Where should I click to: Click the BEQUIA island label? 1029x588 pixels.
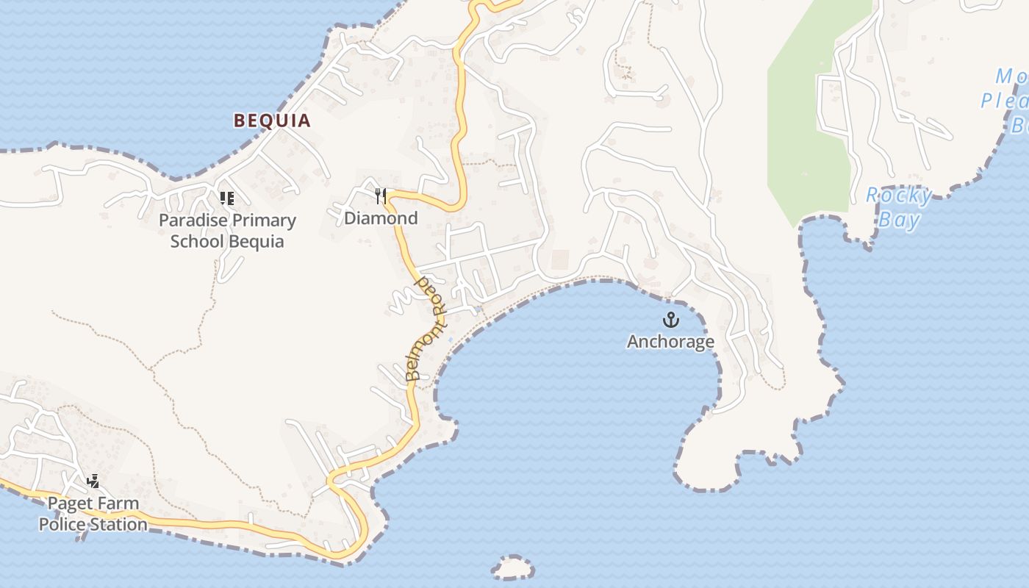(x=272, y=121)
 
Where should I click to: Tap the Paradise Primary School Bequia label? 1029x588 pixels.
(x=227, y=231)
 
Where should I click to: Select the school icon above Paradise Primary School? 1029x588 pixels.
(x=227, y=198)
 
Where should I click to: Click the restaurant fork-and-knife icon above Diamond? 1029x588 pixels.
(x=381, y=196)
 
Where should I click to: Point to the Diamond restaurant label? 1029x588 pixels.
(x=381, y=218)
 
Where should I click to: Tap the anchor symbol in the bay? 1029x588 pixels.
(x=670, y=320)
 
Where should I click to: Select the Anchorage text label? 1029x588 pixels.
(x=670, y=342)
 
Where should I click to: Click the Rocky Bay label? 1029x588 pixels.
(x=899, y=207)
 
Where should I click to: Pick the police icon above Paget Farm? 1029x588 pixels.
(x=93, y=481)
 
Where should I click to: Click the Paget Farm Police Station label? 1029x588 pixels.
(x=93, y=514)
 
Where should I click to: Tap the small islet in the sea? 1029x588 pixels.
(x=513, y=567)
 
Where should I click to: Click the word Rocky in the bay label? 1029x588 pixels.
(x=898, y=196)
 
